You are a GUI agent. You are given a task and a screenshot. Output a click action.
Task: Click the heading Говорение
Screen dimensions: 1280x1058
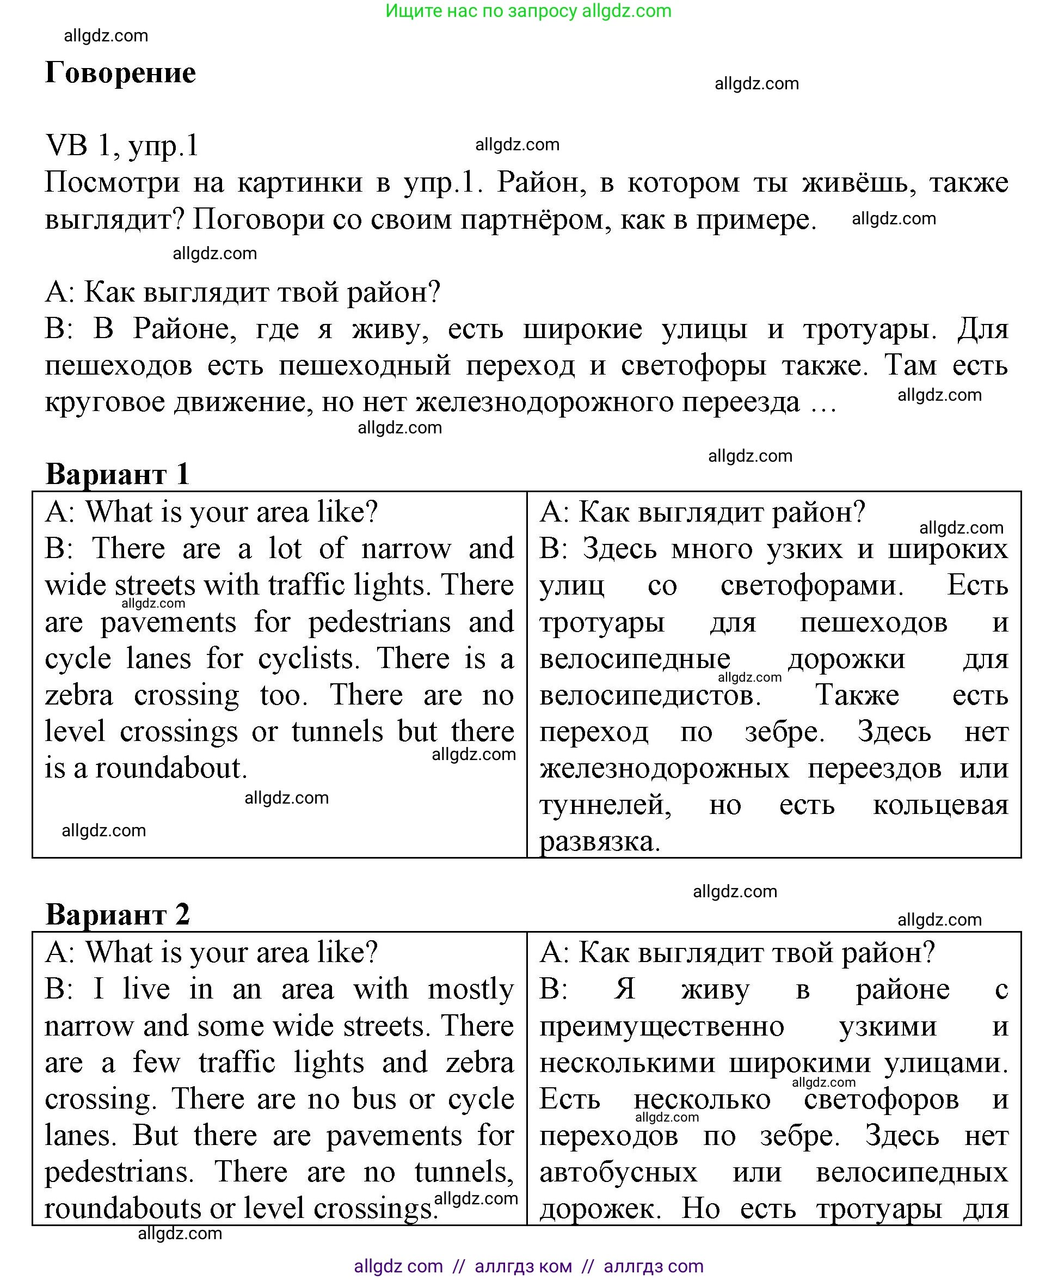click(121, 73)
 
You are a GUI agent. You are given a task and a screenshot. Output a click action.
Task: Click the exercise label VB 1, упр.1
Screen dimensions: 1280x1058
click(122, 146)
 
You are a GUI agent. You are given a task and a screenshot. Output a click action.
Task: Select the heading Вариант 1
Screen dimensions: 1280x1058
click(118, 474)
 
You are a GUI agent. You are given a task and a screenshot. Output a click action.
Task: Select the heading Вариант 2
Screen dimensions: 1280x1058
click(118, 914)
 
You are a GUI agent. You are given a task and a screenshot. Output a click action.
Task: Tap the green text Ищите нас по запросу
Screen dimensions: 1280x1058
click(482, 11)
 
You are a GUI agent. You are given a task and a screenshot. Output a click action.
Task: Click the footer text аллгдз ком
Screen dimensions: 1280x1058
click(523, 1266)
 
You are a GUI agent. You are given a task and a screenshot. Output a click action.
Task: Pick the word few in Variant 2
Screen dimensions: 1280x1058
click(157, 1062)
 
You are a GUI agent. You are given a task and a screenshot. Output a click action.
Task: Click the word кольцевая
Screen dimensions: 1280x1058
click(940, 805)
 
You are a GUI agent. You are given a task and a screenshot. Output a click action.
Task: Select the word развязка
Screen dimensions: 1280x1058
click(600, 842)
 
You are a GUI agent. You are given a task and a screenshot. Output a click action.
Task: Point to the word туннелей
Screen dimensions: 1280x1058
click(605, 805)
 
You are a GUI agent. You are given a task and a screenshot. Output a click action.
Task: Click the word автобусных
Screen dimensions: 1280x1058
click(618, 1172)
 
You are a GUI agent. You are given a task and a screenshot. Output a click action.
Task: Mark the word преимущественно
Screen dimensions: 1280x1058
click(661, 1026)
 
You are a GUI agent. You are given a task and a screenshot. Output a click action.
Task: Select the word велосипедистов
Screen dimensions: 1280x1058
click(650, 695)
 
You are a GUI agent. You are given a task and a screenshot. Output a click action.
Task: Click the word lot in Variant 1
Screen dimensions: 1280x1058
click(285, 549)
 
